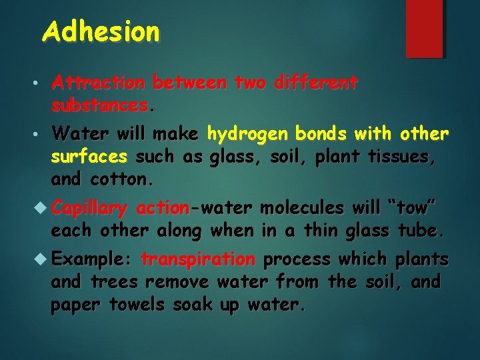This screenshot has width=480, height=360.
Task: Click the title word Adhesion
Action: (x=101, y=31)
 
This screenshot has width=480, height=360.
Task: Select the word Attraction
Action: (x=98, y=83)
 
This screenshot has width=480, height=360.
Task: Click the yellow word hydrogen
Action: (x=247, y=134)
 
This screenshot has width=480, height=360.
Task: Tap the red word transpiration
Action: (x=198, y=259)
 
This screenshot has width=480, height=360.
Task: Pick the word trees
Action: (x=114, y=281)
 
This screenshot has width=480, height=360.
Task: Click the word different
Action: (x=315, y=83)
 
